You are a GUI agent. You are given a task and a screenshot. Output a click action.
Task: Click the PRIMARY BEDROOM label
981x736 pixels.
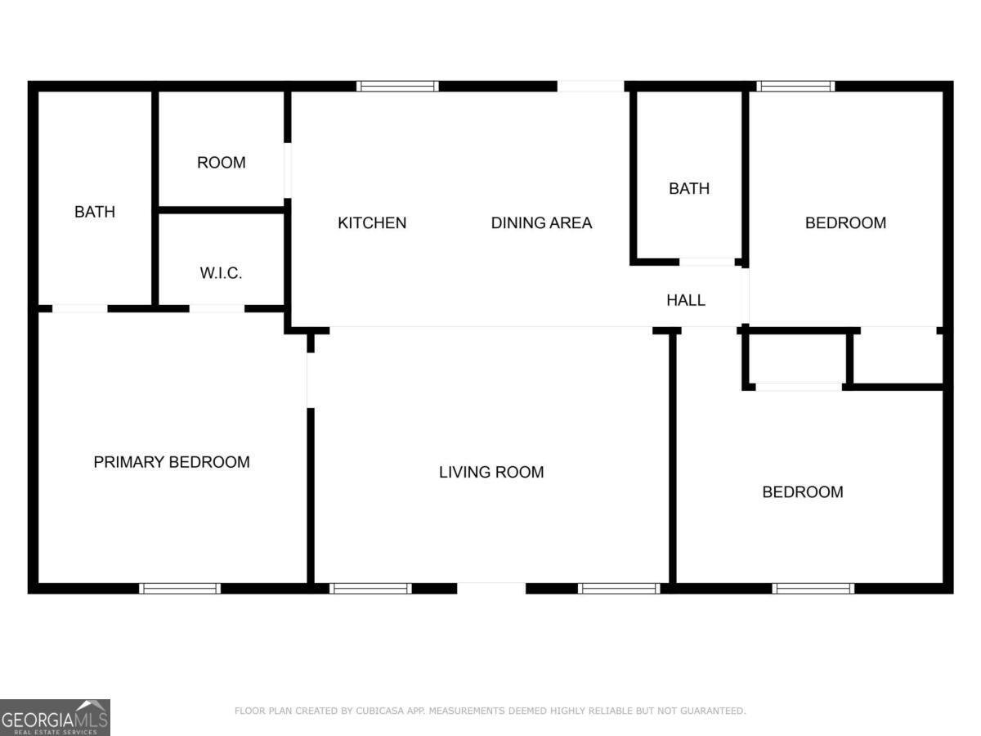pyautogui.click(x=172, y=462)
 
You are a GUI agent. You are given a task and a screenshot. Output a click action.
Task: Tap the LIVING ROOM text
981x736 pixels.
pyautogui.click(x=491, y=472)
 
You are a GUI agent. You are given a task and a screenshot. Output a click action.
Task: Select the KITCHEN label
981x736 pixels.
pyautogui.click(x=372, y=222)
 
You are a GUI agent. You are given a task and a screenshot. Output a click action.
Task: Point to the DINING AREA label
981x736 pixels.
pyautogui.click(x=541, y=222)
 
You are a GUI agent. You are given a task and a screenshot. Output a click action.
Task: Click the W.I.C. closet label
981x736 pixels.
pyautogui.click(x=221, y=273)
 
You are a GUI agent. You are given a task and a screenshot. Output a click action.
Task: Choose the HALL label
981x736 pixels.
pyautogui.click(x=686, y=300)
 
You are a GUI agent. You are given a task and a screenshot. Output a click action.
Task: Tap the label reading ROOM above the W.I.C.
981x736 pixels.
pyautogui.click(x=221, y=163)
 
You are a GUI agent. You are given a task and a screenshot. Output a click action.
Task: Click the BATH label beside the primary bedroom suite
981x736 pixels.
pyautogui.click(x=95, y=212)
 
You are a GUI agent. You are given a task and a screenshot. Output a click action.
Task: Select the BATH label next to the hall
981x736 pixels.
pyautogui.click(x=689, y=188)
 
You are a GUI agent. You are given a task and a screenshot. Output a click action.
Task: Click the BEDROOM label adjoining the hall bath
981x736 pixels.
pyautogui.click(x=845, y=222)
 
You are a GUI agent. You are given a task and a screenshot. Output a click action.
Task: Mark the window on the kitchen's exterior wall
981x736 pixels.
pyautogui.click(x=398, y=86)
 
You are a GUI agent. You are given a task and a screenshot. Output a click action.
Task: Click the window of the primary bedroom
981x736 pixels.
pyautogui.click(x=180, y=588)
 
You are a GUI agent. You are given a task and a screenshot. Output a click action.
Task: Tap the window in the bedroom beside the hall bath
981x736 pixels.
pyautogui.click(x=795, y=86)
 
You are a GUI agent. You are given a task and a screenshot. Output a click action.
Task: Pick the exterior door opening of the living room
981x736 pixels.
pyautogui.click(x=491, y=588)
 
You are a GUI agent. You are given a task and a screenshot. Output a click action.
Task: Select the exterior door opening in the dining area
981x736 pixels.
pyautogui.click(x=591, y=86)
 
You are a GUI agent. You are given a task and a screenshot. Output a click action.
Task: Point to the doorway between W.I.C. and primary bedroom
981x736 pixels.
pyautogui.click(x=217, y=308)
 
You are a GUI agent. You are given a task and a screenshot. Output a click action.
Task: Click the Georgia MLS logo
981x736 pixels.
pyautogui.click(x=55, y=717)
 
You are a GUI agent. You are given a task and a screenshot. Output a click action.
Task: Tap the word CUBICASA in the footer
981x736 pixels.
pyautogui.click(x=382, y=711)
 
